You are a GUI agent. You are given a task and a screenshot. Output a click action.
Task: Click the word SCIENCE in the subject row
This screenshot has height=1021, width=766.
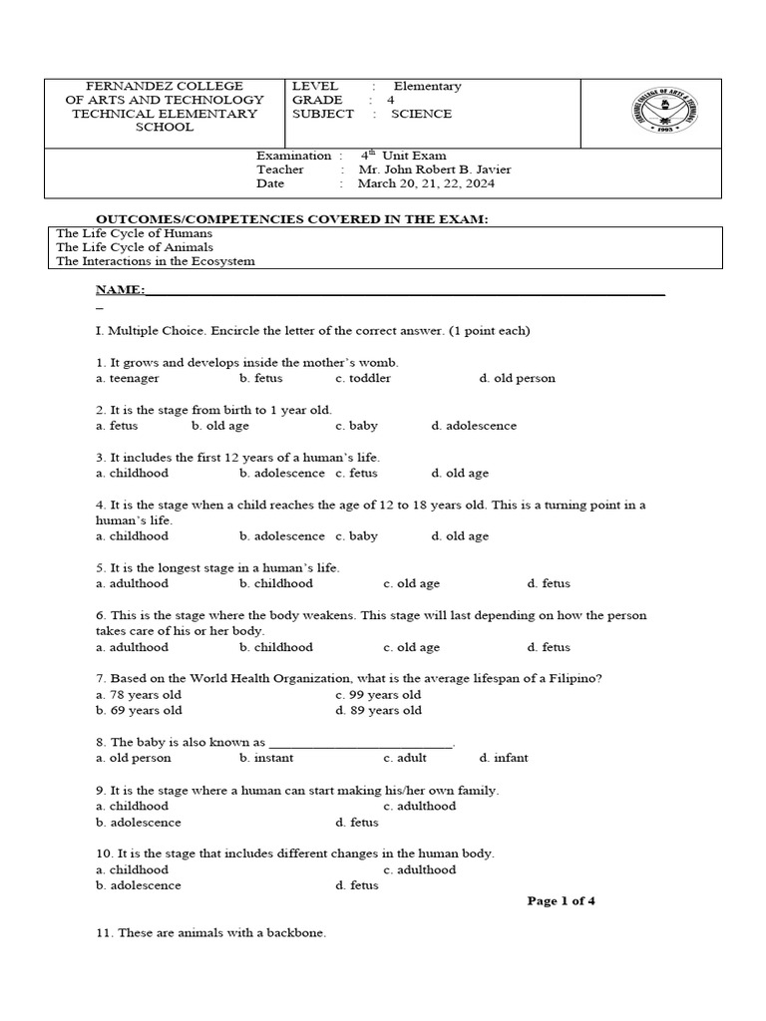[421, 114]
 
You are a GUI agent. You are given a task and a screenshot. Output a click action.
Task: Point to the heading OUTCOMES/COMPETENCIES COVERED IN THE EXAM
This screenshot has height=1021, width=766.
[291, 218]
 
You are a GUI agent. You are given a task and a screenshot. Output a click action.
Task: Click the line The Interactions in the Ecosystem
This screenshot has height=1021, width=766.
[156, 261]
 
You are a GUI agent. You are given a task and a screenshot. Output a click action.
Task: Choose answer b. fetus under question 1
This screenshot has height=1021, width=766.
[261, 379]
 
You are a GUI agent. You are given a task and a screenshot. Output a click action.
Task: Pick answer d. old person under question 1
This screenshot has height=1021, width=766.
[517, 379]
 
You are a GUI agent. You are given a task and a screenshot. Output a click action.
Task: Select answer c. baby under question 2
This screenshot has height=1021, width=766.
[356, 426]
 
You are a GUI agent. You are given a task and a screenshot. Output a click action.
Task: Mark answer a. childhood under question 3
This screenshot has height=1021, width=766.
[133, 474]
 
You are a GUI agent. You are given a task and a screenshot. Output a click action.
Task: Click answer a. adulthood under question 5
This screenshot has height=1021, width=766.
[133, 584]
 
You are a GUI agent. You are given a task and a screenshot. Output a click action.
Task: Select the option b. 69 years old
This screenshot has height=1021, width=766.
[139, 711]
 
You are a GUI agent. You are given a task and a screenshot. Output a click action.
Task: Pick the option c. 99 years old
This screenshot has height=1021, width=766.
[378, 695]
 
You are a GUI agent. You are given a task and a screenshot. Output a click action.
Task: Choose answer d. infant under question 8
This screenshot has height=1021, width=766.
[504, 758]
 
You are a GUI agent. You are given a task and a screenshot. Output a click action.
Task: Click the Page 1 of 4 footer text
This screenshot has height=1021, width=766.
[561, 901]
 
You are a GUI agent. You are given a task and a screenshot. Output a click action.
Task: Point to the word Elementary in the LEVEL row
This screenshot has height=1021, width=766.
[427, 86]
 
